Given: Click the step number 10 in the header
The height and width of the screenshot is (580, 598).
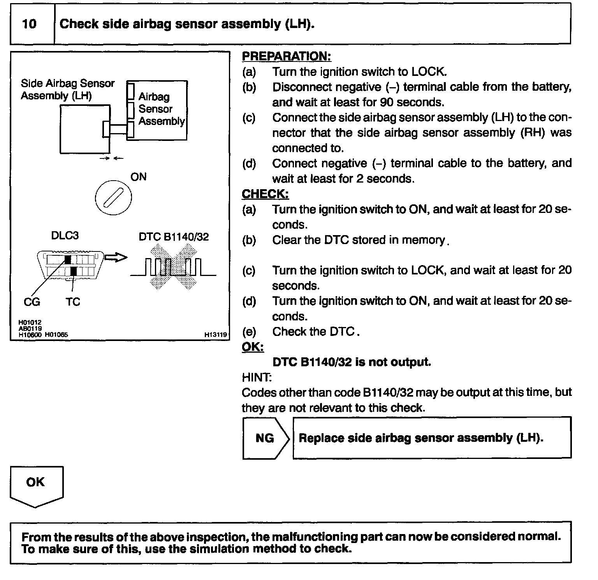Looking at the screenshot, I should pos(29,24).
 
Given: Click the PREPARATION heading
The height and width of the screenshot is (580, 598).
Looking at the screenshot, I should pos(286,56).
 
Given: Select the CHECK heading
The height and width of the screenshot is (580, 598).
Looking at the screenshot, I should pos(265,194).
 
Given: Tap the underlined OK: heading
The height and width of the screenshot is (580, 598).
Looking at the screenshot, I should pos(253,347).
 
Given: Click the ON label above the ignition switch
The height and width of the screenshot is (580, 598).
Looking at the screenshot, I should pos(138,177).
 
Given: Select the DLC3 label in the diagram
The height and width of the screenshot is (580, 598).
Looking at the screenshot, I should pos(65,236).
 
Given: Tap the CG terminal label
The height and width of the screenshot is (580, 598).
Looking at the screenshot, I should pos(32,302).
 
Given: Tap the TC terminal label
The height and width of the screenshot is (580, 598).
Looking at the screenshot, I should pos(73,302).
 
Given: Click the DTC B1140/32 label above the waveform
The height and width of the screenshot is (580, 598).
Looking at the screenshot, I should pos(174,237).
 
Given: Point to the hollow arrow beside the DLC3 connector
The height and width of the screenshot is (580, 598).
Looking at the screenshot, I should pos(116,257).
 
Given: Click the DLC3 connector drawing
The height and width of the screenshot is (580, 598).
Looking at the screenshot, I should pos(70,265).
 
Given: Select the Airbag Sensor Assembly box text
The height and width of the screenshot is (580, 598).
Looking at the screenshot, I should pos(161,109).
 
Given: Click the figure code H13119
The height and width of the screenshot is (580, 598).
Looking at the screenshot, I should pos(216,334).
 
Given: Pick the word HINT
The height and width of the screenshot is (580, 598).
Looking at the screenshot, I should pos(257,377).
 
